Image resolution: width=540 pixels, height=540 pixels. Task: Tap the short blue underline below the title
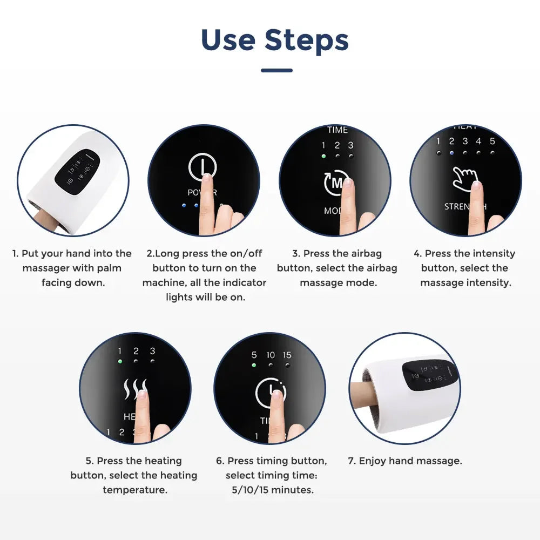[x=276, y=70]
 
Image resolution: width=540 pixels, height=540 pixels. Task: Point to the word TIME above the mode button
[x=337, y=130]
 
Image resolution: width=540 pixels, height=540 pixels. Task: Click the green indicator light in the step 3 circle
[x=323, y=156]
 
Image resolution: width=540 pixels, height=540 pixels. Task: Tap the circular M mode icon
[x=336, y=184]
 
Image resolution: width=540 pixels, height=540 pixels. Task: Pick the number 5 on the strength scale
[x=492, y=141]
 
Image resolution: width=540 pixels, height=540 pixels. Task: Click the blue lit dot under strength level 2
[x=451, y=153]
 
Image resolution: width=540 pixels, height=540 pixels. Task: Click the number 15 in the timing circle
[x=287, y=355]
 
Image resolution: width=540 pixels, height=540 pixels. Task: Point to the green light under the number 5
[x=254, y=365]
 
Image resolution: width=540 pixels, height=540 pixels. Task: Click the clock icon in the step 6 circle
[x=271, y=392]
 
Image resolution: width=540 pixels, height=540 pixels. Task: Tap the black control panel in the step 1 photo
[x=75, y=172]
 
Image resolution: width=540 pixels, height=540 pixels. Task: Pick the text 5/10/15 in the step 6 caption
[x=248, y=490]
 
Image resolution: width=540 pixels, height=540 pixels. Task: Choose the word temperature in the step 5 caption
[x=134, y=490]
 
